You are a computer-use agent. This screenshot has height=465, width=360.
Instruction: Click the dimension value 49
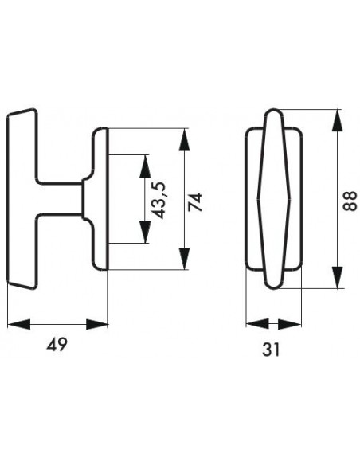(x=57, y=344)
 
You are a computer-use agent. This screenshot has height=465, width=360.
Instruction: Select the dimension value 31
(x=271, y=350)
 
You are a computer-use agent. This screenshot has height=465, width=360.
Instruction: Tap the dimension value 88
(x=350, y=201)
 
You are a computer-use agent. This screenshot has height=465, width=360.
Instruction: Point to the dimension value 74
(x=195, y=202)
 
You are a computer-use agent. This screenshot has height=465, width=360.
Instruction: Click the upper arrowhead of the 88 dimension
(x=337, y=120)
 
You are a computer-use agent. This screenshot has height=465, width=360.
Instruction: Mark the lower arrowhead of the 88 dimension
(x=337, y=277)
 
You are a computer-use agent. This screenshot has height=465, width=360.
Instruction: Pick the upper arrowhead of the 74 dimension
(x=185, y=139)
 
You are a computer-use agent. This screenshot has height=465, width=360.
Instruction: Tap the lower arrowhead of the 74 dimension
(x=185, y=259)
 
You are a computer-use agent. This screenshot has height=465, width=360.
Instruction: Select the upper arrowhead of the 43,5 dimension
(x=145, y=166)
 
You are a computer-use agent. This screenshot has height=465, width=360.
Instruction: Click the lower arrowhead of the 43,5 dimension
(x=145, y=232)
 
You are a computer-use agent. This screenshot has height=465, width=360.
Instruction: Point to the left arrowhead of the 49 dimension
(x=18, y=324)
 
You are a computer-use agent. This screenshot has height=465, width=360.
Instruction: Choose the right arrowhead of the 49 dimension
(x=97, y=324)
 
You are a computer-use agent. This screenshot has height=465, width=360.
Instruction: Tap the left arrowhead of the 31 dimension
(x=257, y=324)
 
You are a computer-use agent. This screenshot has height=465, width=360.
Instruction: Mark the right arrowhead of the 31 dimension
(x=290, y=324)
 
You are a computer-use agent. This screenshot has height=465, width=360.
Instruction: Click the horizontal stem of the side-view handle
(x=59, y=198)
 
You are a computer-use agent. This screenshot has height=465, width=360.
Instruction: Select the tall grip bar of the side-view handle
(x=22, y=199)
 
